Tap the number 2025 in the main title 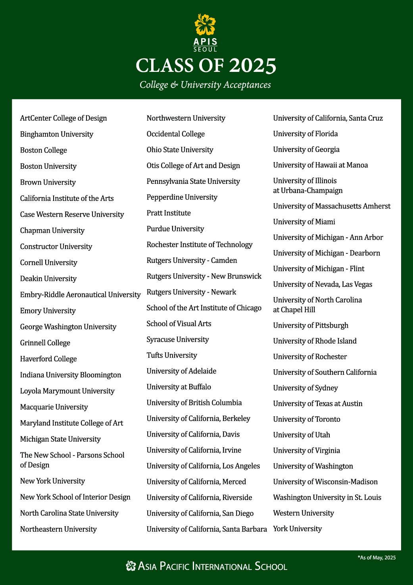point(252,66)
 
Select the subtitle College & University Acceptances point(205,85)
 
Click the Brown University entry point(48,182)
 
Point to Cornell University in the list point(49,263)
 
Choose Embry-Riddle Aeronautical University point(80,295)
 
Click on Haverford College point(48,359)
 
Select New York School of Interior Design point(75,497)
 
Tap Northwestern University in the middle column point(186,118)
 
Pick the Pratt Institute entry point(169,213)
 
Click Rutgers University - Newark point(191,292)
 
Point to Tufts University point(172,355)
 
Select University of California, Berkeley point(198,419)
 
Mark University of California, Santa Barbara point(207,529)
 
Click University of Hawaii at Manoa point(321,165)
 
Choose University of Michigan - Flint point(319,269)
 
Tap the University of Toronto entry point(307,419)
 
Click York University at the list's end point(298,529)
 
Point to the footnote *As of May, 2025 point(377,558)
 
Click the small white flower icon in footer point(131,566)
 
